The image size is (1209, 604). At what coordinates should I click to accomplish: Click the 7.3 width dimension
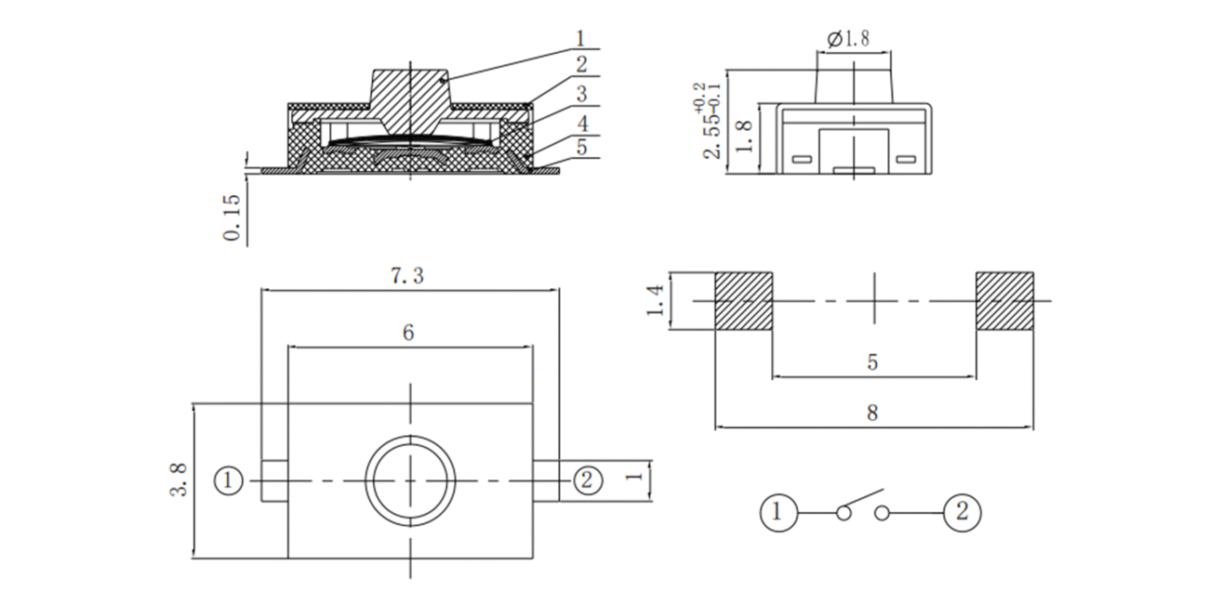tap(407, 276)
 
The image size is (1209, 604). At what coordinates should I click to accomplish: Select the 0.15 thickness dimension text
tap(232, 217)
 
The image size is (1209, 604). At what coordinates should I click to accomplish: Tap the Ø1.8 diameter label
tap(848, 39)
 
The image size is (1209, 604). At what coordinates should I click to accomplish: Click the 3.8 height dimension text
tap(179, 480)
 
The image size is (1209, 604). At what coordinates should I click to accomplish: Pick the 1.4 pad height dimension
tap(655, 301)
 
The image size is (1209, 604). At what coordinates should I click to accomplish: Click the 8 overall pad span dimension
tap(872, 414)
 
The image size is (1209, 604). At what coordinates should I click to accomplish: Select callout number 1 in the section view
tap(580, 39)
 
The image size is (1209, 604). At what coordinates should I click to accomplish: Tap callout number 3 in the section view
tap(581, 94)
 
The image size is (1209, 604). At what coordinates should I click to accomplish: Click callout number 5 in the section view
tap(581, 147)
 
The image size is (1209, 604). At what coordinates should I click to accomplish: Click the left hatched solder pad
tap(744, 301)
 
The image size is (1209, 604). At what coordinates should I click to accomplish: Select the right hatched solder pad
tap(1005, 301)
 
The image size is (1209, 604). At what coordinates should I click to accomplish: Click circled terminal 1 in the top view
tap(228, 480)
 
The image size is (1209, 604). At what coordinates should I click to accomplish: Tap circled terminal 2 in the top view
tap(587, 480)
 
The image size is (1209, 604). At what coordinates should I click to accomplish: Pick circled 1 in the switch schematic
tap(778, 513)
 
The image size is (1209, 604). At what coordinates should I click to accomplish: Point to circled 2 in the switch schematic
tap(963, 513)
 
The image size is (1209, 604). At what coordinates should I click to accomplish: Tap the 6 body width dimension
tap(408, 333)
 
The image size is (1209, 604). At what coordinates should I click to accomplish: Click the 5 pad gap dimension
tap(872, 362)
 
